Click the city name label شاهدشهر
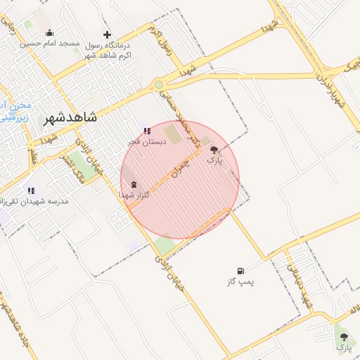70,118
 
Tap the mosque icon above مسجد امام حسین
49,32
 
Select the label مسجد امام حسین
49,44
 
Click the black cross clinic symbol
107,34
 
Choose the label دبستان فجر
146,141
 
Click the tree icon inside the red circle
214,150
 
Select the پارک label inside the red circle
214,161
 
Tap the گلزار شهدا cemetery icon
134,184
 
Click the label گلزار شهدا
136,195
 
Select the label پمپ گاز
240,281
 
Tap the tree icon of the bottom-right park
344,337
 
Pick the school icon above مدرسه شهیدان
30,191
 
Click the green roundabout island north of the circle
159,84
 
